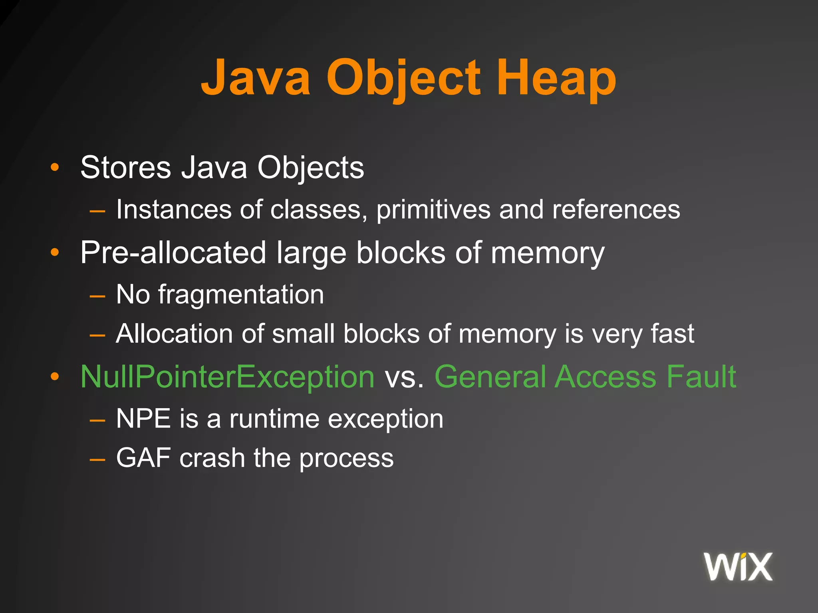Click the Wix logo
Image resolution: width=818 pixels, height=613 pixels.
coord(738,567)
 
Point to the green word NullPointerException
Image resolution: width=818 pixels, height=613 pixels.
coord(227,377)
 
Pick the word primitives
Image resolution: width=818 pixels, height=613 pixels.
coord(433,210)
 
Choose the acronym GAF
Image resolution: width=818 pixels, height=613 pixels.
coord(143,458)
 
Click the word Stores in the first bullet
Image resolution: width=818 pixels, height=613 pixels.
coord(125,168)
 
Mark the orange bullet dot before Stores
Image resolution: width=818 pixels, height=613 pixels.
coord(55,168)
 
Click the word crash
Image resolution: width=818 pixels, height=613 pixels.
coord(212,458)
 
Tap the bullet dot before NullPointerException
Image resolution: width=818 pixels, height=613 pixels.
coord(55,377)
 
